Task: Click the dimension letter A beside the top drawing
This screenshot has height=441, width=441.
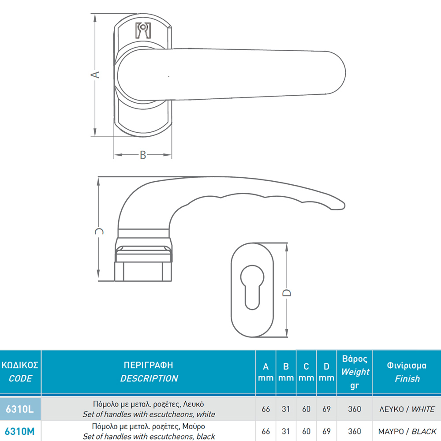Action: [x=95, y=75]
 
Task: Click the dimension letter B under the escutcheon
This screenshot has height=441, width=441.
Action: [x=143, y=155]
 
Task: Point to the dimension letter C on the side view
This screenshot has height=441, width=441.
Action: [x=99, y=231]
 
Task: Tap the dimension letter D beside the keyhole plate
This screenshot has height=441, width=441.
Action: [x=287, y=293]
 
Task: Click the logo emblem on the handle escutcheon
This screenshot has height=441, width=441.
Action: [x=143, y=30]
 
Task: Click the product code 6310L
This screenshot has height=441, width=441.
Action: [x=20, y=409]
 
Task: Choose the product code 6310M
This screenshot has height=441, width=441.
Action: [x=20, y=431]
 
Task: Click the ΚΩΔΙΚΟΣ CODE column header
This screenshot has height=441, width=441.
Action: [x=20, y=371]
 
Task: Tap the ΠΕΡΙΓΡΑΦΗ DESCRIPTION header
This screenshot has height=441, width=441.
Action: [x=149, y=371]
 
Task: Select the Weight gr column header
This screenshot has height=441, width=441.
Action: [x=355, y=372]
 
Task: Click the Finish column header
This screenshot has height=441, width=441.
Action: [x=407, y=372]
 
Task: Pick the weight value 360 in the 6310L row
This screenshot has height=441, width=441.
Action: [x=355, y=409]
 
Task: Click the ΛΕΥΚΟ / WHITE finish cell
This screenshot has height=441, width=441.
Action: [x=407, y=409]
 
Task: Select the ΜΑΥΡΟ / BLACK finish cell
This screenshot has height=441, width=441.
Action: [x=407, y=431]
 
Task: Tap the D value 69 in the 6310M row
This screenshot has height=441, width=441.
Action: [x=326, y=431]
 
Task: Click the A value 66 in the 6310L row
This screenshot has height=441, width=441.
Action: [x=266, y=409]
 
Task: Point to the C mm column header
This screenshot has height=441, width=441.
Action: [x=306, y=372]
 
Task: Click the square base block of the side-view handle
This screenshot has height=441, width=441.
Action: [x=143, y=271]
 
